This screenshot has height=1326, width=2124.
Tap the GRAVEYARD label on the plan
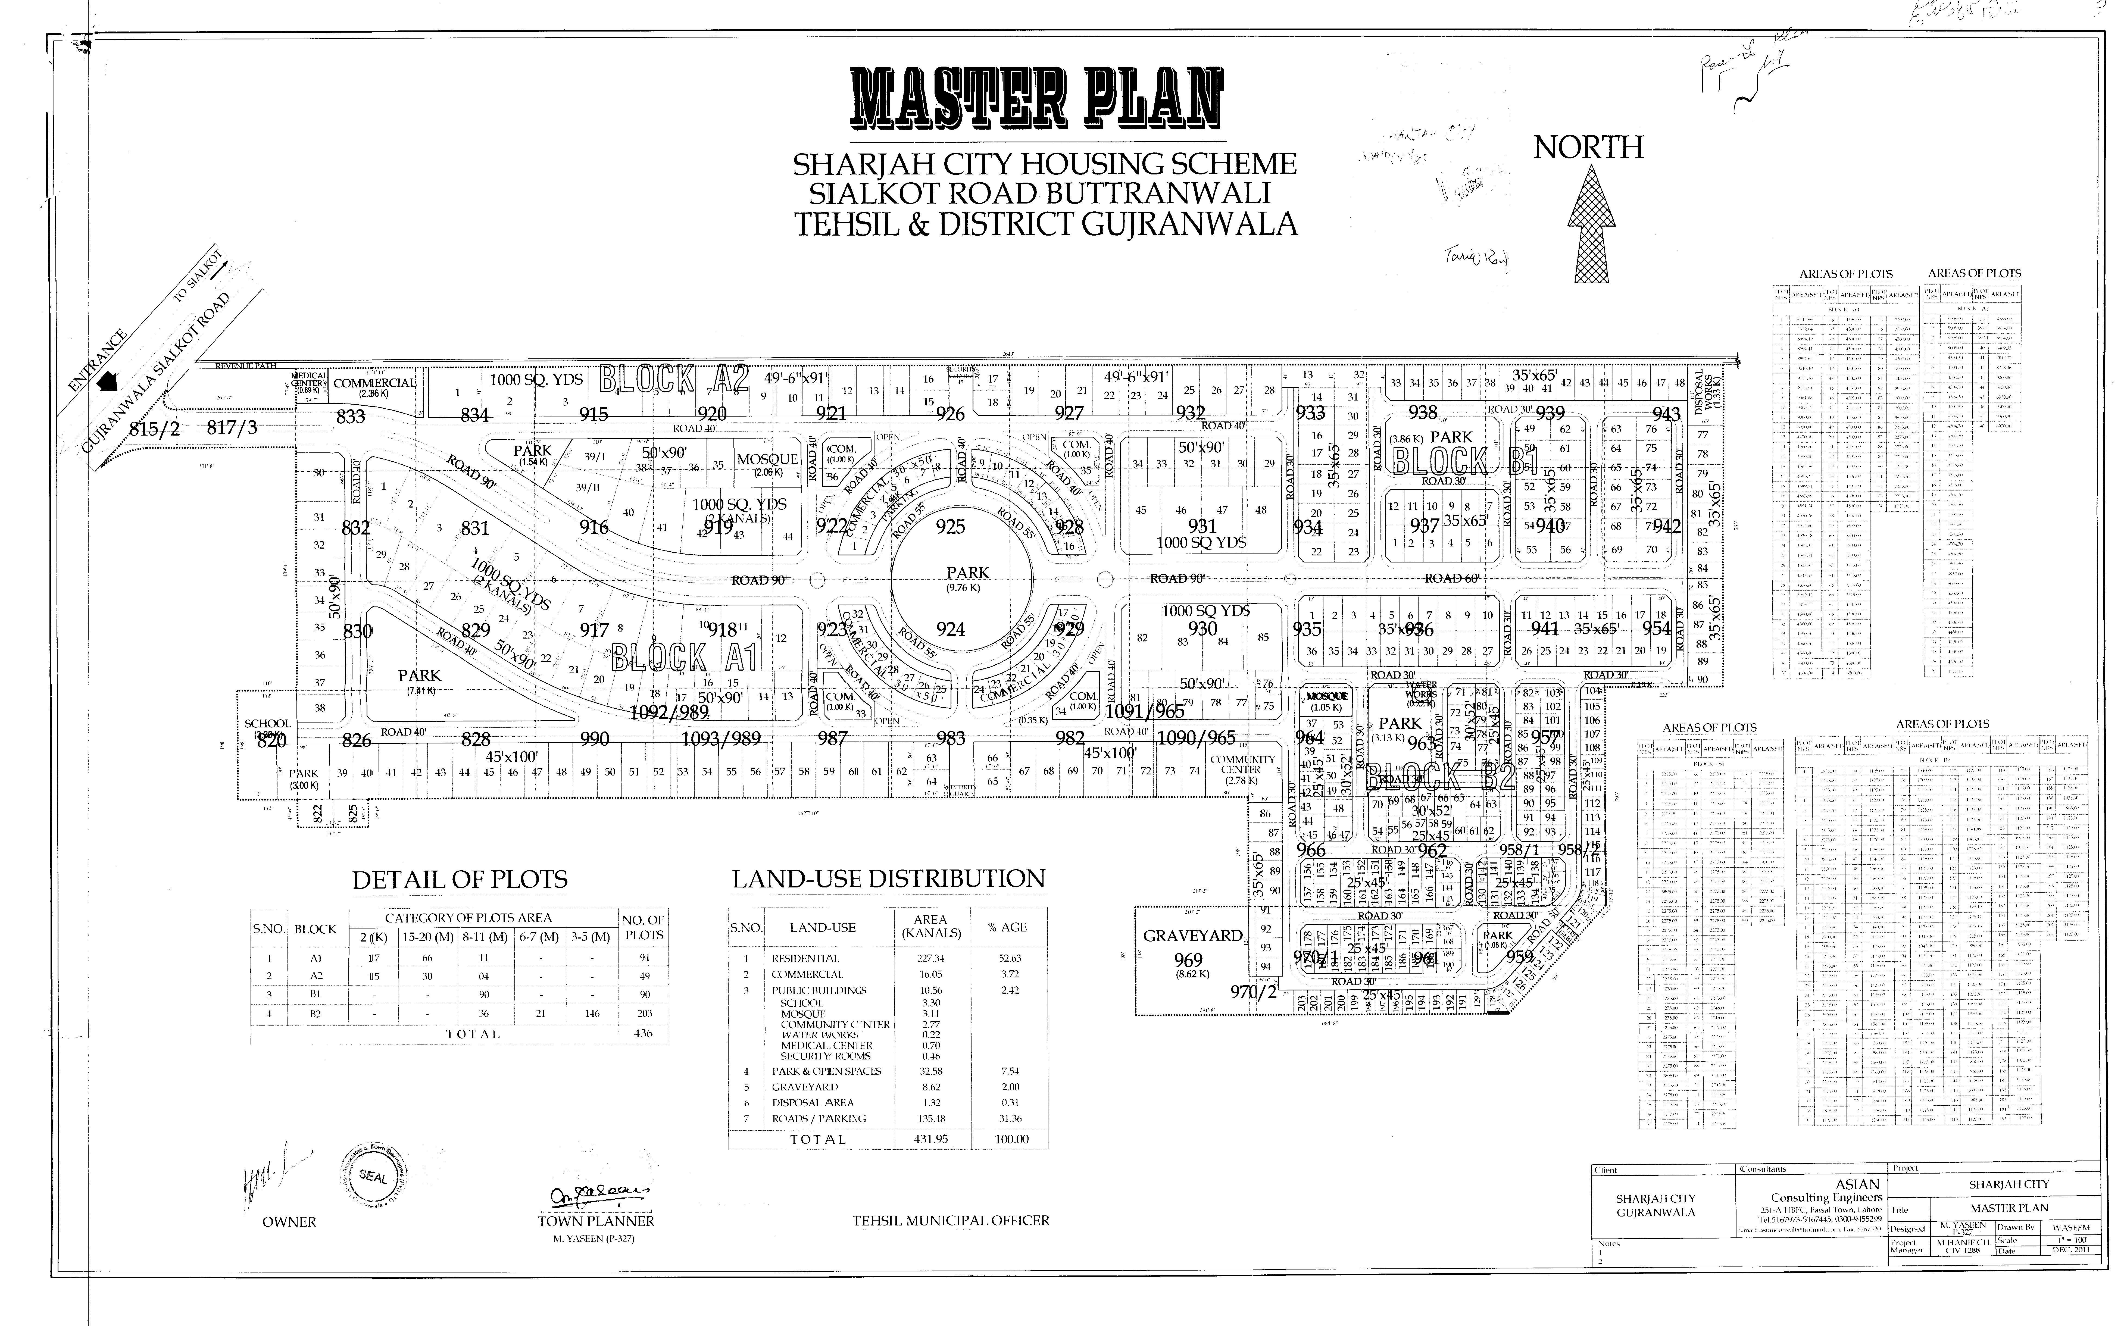click(1192, 936)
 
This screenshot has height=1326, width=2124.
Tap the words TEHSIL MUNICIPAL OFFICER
click(951, 1220)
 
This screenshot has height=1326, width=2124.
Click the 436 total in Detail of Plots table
click(643, 1034)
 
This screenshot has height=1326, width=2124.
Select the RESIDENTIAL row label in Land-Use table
click(805, 959)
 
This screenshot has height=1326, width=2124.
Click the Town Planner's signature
click(600, 1195)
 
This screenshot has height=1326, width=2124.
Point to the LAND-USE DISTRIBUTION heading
click(888, 879)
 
